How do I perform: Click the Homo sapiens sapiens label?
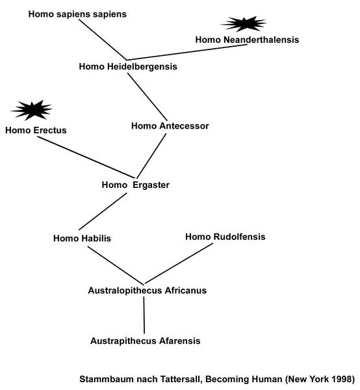(x=77, y=14)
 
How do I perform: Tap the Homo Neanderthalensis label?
(x=247, y=40)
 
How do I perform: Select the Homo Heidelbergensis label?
(x=128, y=67)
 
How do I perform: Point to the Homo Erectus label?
(x=36, y=131)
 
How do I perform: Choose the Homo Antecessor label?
(x=170, y=126)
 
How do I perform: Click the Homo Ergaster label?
(x=136, y=185)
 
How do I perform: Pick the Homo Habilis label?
(x=82, y=239)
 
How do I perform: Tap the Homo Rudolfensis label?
(x=225, y=237)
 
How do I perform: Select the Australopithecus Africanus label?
(x=147, y=291)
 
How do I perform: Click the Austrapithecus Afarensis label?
(x=145, y=341)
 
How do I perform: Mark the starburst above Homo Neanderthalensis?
(x=244, y=24)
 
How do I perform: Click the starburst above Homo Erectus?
(x=32, y=110)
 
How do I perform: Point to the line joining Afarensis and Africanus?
(x=144, y=315)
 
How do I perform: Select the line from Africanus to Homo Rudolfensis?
(x=179, y=263)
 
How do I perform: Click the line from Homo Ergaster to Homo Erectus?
(x=86, y=157)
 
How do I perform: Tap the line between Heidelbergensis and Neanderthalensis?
(x=187, y=52)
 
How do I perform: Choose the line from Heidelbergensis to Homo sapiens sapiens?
(x=103, y=40)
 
